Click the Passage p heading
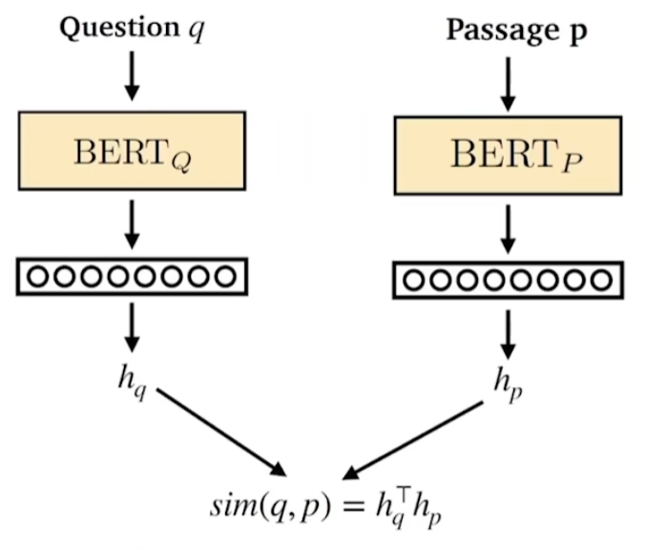[x=517, y=31]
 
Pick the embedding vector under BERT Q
[x=132, y=277]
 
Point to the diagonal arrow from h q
[x=219, y=432]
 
